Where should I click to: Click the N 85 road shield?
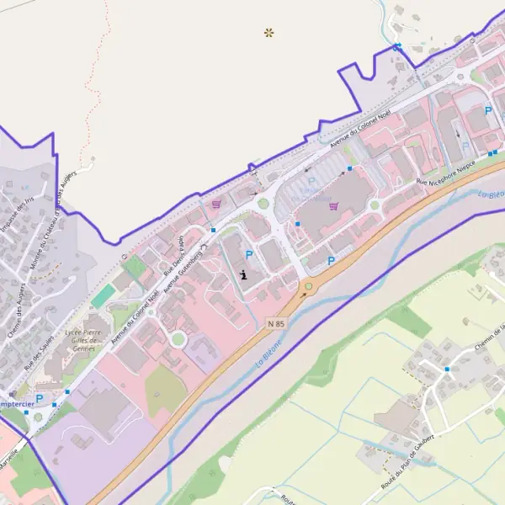276,322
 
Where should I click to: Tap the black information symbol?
244,274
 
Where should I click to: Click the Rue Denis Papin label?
173,252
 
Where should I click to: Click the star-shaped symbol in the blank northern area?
269,33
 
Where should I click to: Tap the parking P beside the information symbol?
248,254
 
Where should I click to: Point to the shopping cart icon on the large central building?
334,205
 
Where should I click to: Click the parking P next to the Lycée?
39,398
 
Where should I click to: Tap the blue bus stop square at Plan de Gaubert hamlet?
448,369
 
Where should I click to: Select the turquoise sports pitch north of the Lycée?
102,295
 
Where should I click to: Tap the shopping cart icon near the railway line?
217,203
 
